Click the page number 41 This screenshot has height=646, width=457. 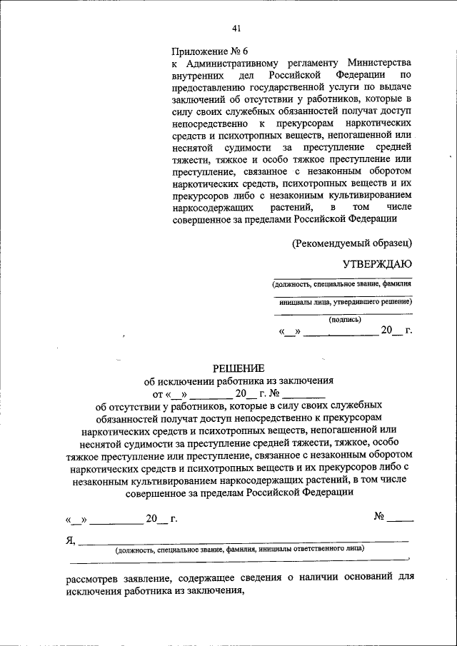click(236, 29)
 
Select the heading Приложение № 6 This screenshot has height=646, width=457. click(209, 51)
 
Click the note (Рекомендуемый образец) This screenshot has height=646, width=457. click(352, 243)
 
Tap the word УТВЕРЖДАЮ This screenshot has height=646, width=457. click(377, 264)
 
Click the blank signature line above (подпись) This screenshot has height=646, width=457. click(343, 313)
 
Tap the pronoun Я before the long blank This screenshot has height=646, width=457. click(69, 540)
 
